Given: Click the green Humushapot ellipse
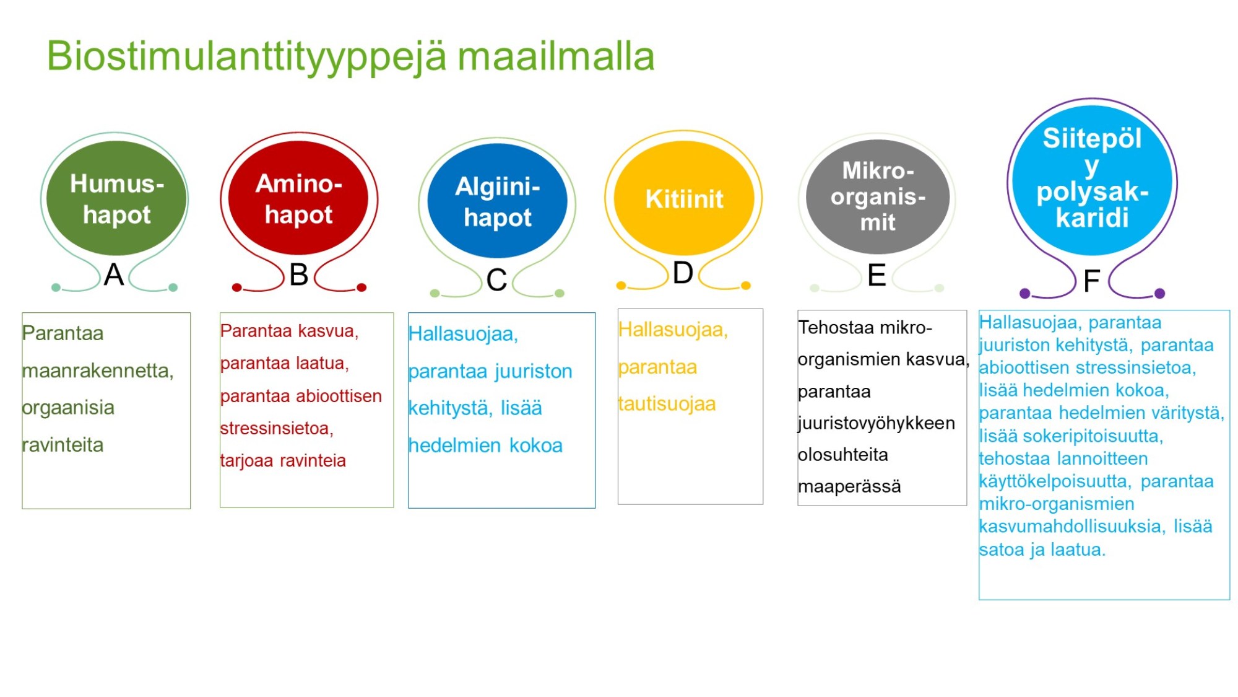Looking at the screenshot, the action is tap(116, 198).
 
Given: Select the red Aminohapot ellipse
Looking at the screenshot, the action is tap(298, 198).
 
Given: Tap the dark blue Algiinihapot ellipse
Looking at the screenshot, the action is tap(497, 201).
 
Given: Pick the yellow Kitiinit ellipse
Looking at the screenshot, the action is tap(684, 198).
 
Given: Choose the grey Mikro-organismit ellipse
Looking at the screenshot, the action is tap(878, 196).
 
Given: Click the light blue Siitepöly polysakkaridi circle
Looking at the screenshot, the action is tap(1093, 180).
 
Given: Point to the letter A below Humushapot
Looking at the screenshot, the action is tap(114, 274).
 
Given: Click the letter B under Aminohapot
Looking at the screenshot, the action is tap(299, 274).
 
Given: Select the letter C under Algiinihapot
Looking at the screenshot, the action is tap(497, 280).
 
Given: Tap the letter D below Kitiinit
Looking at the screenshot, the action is tap(683, 273).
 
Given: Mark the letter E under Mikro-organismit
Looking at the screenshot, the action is tap(877, 275).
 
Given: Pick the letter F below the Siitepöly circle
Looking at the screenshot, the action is tap(1092, 281).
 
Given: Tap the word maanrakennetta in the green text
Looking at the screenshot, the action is tap(98, 370).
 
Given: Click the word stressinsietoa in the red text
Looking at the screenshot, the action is tap(277, 428).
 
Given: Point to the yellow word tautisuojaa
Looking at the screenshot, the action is tap(667, 404).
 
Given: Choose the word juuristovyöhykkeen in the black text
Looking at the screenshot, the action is tap(877, 423).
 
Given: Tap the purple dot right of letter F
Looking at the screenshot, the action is tap(1160, 293).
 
